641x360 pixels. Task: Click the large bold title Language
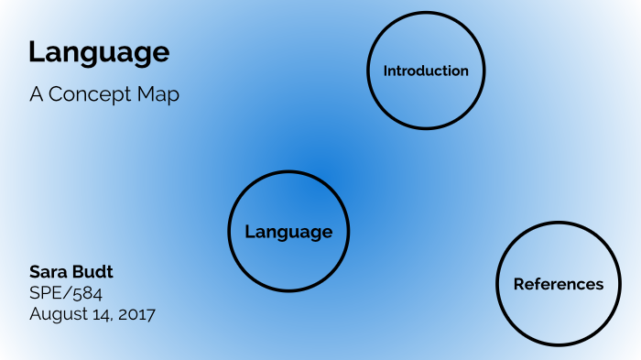pyautogui.click(x=99, y=52)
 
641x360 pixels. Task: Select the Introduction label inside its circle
pyautogui.click(x=426, y=71)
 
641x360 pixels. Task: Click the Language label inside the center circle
pyautogui.click(x=288, y=232)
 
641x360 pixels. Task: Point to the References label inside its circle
pyautogui.click(x=559, y=284)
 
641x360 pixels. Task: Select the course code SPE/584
pyautogui.click(x=66, y=293)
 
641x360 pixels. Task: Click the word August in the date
pyautogui.click(x=57, y=314)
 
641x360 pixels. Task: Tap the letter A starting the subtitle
pyautogui.click(x=36, y=94)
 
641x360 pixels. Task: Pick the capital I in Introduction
pyautogui.click(x=386, y=71)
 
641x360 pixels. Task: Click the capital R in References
pyautogui.click(x=518, y=284)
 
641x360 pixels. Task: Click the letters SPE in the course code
pyautogui.click(x=46, y=293)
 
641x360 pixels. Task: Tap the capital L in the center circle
pyautogui.click(x=249, y=232)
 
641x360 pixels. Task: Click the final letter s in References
pyautogui.click(x=600, y=284)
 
